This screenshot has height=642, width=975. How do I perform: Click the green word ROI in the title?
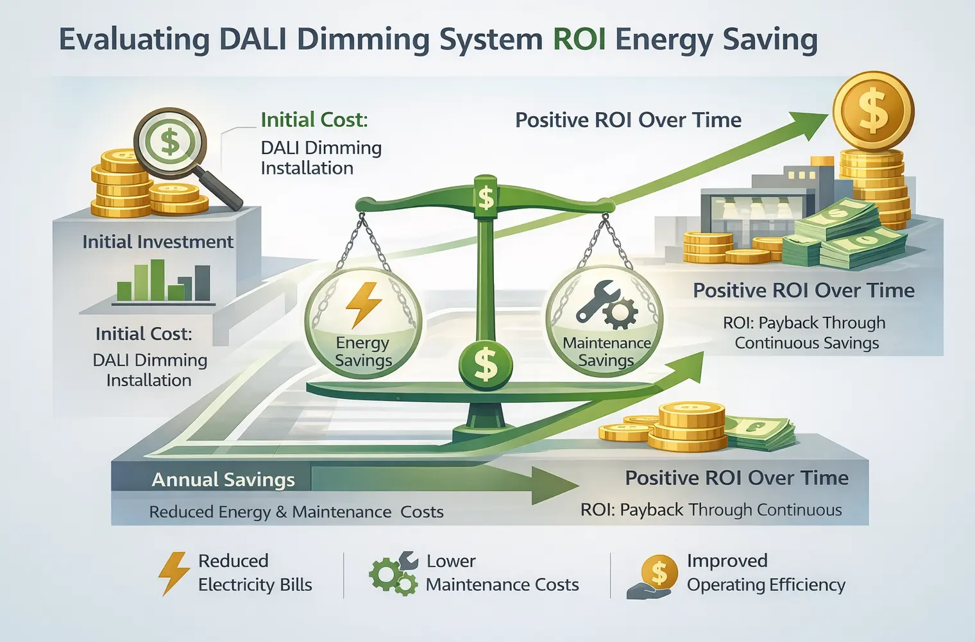pyautogui.click(x=579, y=40)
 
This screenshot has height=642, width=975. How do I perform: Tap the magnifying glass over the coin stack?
pyautogui.click(x=170, y=142)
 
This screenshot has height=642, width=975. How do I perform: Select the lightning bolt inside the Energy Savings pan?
pyautogui.click(x=363, y=304)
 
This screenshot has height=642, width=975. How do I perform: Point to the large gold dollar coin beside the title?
pyautogui.click(x=873, y=110)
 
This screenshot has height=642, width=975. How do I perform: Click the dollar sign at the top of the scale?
pyautogui.click(x=486, y=197)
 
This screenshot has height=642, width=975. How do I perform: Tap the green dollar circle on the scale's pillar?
pyautogui.click(x=486, y=364)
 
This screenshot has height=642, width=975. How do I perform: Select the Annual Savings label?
pyautogui.click(x=223, y=480)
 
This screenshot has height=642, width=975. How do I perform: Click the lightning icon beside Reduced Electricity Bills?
pyautogui.click(x=174, y=573)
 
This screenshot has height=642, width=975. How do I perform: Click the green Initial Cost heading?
pyautogui.click(x=314, y=120)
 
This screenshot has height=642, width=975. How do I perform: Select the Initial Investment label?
pyautogui.click(x=158, y=242)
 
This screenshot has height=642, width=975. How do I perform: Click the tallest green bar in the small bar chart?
pyautogui.click(x=157, y=280)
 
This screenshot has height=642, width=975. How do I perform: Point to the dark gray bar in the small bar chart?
pyautogui.click(x=202, y=283)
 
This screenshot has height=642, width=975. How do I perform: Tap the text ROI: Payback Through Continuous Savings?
pyautogui.click(x=806, y=332)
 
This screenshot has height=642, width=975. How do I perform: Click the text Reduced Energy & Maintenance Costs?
pyautogui.click(x=296, y=512)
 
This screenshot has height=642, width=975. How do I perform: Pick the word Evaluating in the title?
pyautogui.click(x=134, y=40)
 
